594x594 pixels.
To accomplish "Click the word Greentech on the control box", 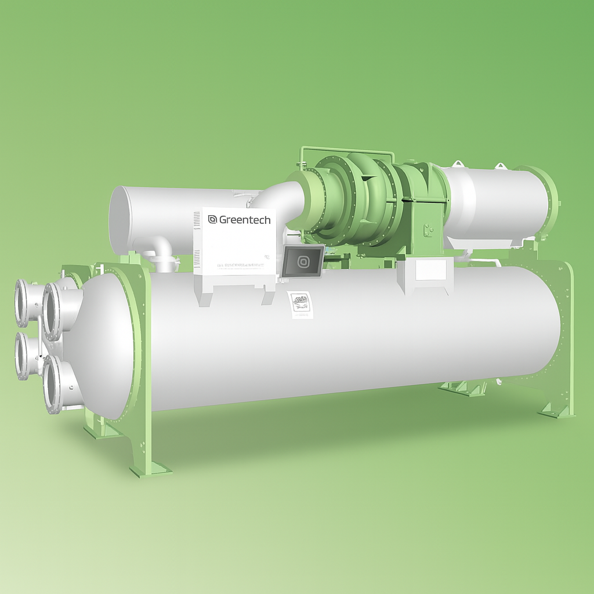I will (x=244, y=220).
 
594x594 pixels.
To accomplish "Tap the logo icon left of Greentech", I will (x=212, y=219).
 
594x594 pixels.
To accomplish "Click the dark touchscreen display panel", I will (x=302, y=260).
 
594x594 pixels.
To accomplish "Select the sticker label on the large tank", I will (x=300, y=304).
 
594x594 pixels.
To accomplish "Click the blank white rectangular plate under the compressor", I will (x=431, y=270).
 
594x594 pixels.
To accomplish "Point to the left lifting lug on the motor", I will (x=458, y=164).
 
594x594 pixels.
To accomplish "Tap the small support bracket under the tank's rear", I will (x=462, y=388).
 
